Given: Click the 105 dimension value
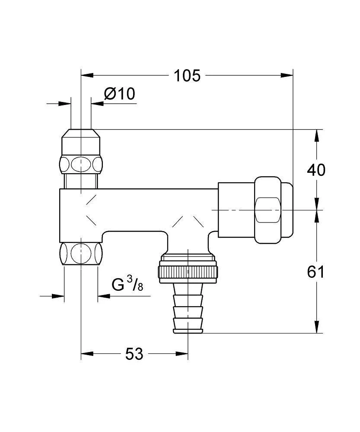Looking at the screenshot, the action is [x=187, y=76].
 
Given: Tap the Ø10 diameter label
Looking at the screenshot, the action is [x=120, y=94].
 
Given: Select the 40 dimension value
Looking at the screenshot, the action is [x=316, y=170].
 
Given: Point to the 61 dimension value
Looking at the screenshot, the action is [x=316, y=272].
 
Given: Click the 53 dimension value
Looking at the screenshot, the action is [x=134, y=354].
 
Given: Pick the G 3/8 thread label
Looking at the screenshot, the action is [x=127, y=284].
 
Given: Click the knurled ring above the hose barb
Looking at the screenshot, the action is [x=188, y=272].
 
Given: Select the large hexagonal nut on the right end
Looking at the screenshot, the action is [x=268, y=210].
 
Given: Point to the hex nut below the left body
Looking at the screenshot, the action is [x=81, y=254].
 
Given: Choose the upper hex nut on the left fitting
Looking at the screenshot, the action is [x=81, y=165].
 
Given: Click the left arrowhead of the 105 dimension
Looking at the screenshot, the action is [x=87, y=75].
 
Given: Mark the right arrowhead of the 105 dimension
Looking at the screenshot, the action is [x=287, y=75].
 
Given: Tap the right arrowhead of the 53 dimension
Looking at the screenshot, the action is [x=182, y=353].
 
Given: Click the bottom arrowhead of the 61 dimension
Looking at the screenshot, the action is [x=316, y=327].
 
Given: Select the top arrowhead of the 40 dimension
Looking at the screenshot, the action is [x=316, y=136].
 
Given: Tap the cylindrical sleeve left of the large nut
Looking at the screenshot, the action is [x=236, y=210].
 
